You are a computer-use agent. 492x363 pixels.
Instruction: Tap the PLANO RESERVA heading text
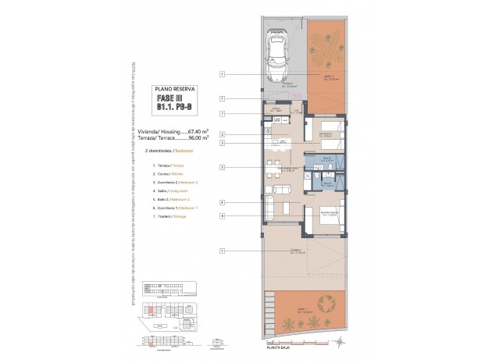point(175,90)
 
